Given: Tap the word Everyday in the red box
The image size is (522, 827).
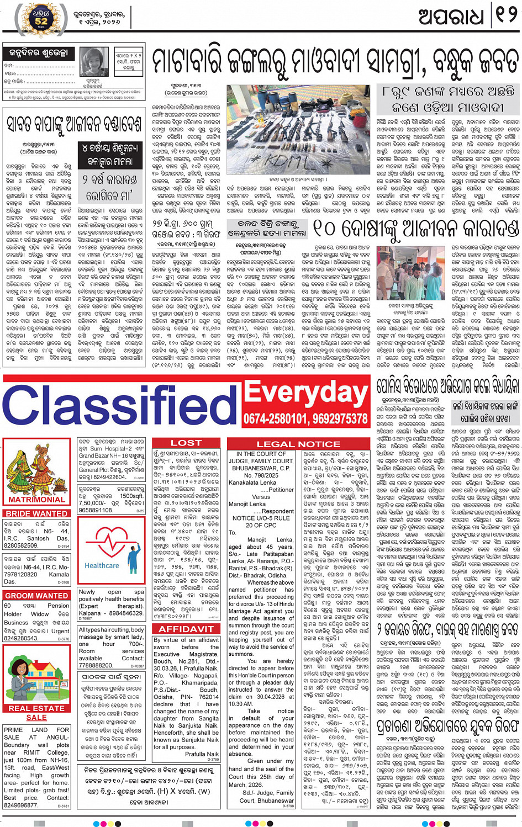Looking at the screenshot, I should [306, 393].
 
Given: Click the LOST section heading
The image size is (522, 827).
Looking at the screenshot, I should [186, 443].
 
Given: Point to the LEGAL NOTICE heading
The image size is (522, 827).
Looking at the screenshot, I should [298, 444].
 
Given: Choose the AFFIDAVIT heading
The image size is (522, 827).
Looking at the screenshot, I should [186, 629].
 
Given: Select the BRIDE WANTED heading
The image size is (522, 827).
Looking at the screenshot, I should [36, 513].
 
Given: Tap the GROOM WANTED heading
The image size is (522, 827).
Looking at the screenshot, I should [36, 596].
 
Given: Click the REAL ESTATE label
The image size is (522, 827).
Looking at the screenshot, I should [36, 708].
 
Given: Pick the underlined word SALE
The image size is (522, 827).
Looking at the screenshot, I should [36, 718].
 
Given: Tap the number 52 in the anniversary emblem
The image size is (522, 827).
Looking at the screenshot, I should [42, 22].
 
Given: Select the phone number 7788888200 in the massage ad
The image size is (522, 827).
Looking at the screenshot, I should [96, 666].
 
